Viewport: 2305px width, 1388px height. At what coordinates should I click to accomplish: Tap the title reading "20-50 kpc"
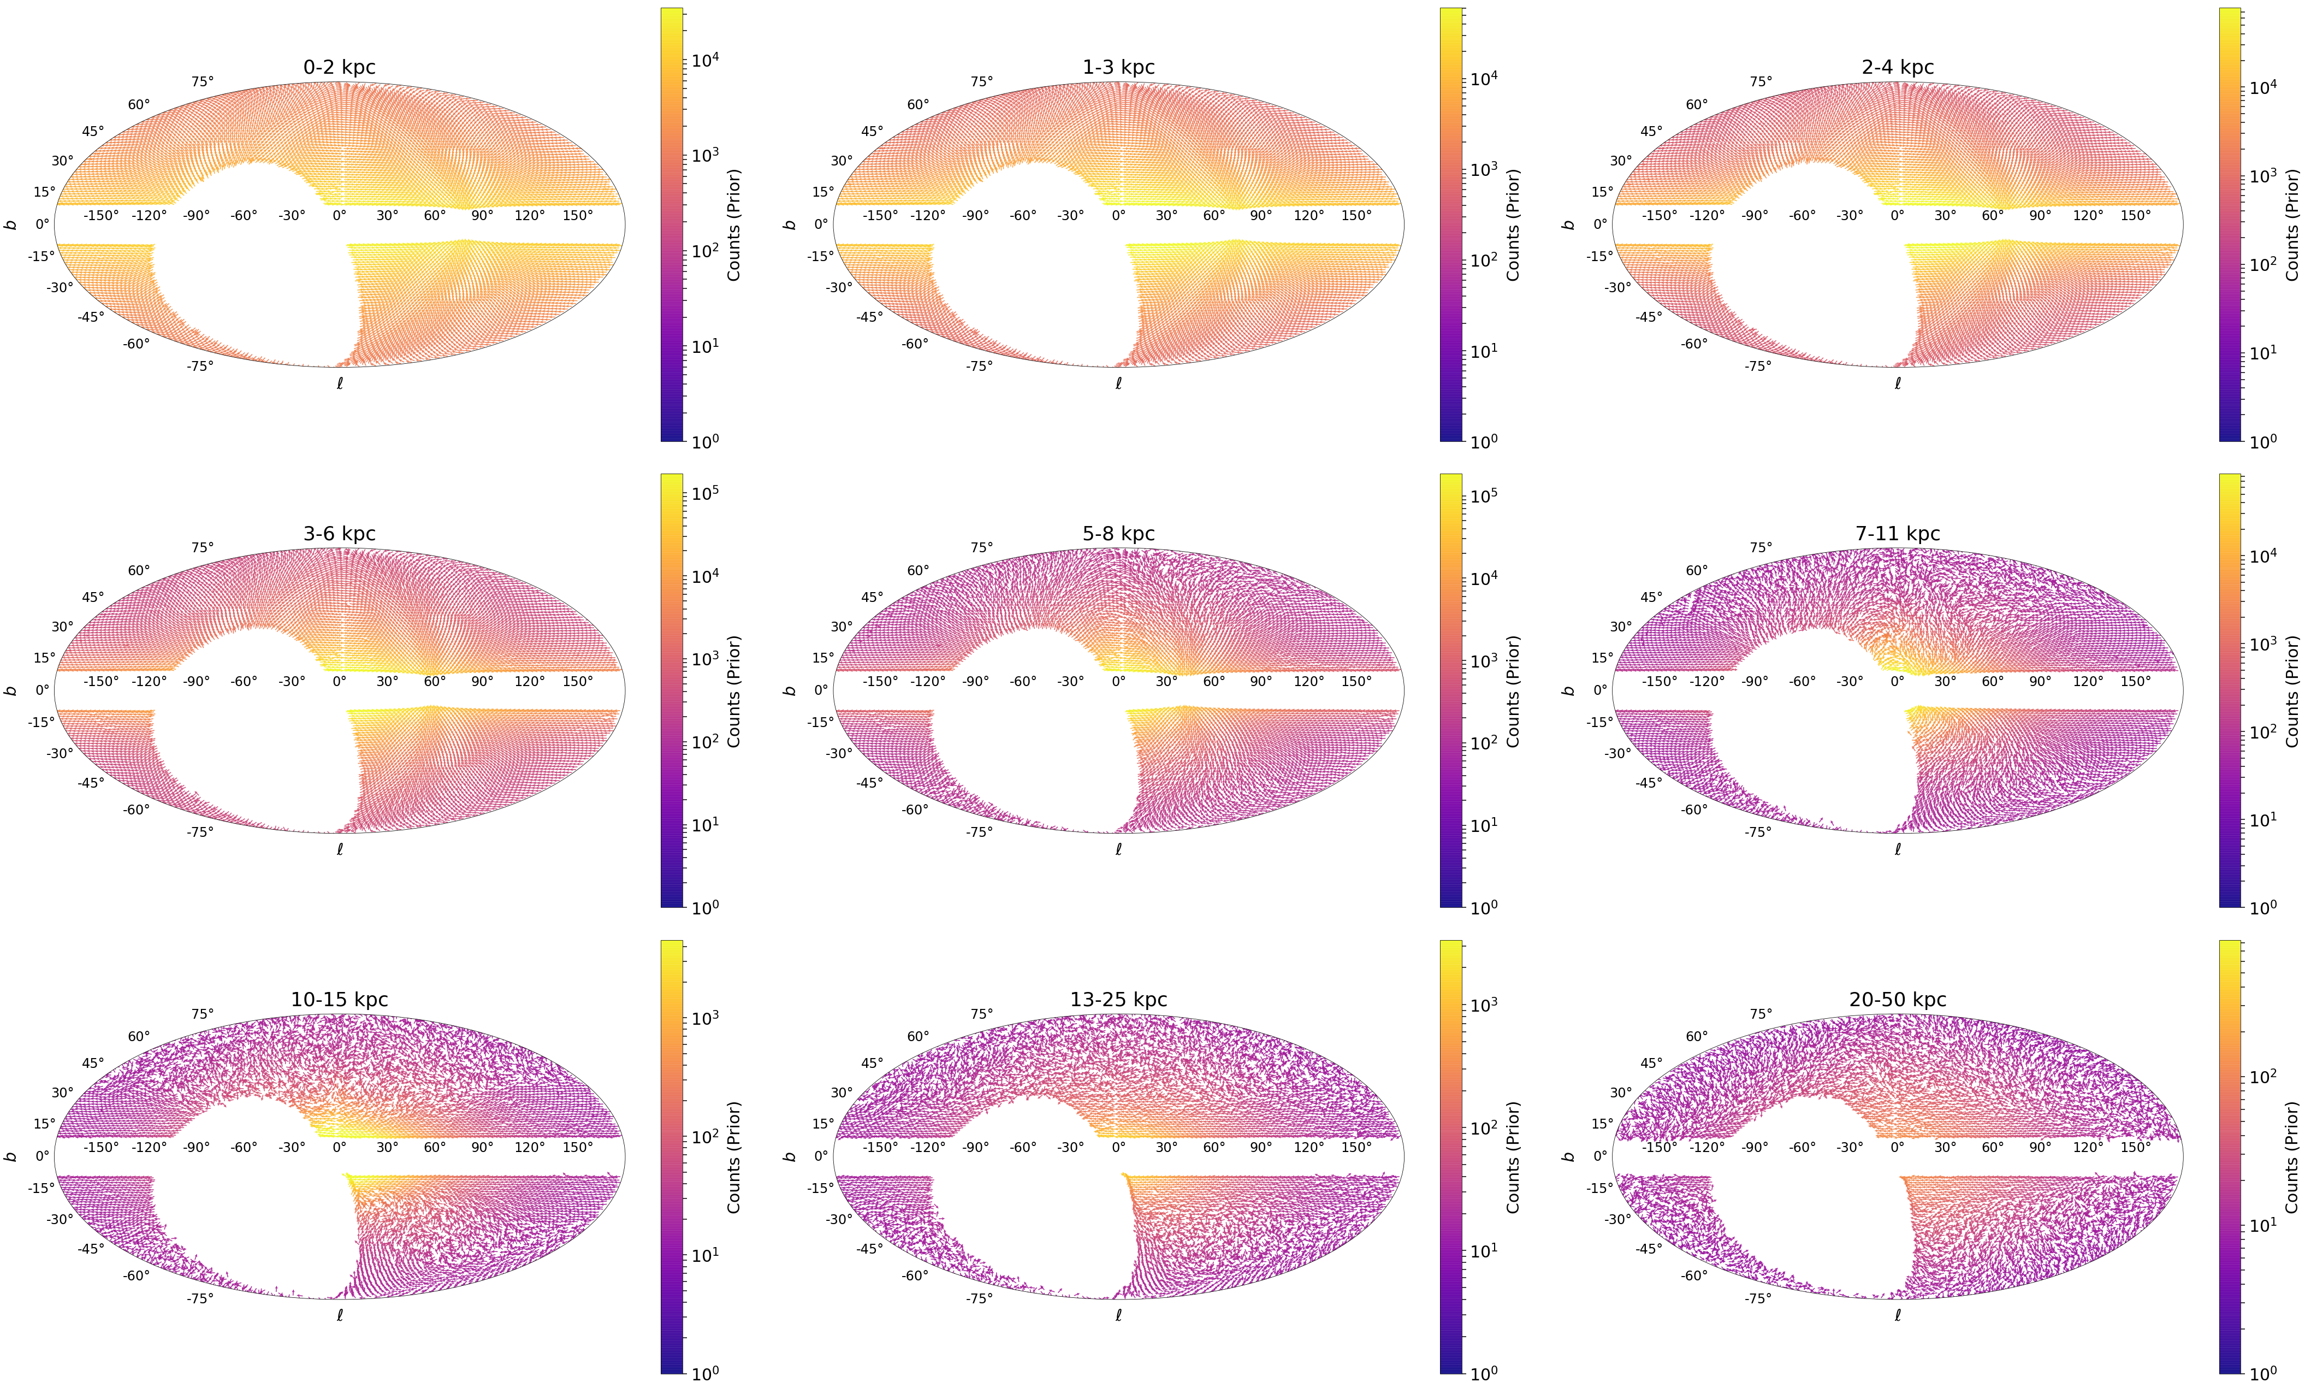1897,999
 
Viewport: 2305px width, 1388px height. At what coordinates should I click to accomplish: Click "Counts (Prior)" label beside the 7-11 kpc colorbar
2291,691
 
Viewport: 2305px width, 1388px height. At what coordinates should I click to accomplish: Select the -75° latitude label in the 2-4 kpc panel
1757,365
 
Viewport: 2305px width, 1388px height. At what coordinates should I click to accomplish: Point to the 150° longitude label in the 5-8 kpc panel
1356,681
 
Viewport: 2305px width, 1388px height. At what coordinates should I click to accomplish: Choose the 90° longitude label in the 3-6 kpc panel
482,681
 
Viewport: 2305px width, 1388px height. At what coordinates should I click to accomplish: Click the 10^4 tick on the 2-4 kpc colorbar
2261,88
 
